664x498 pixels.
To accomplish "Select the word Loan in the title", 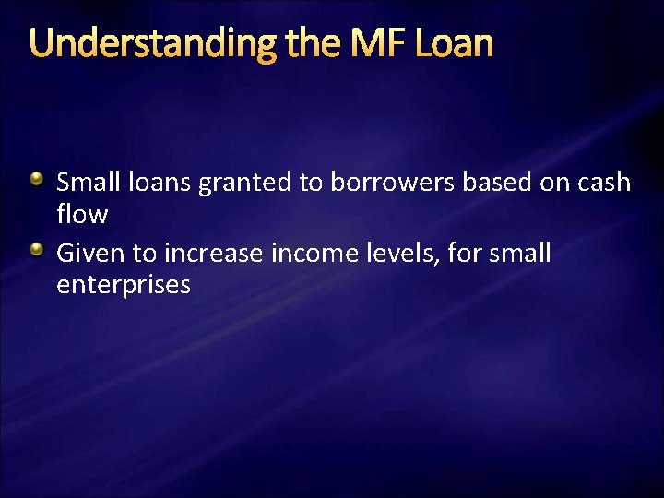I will pos(457,43).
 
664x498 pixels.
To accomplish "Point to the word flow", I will pos(82,215).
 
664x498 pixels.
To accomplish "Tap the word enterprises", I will pos(124,286).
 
